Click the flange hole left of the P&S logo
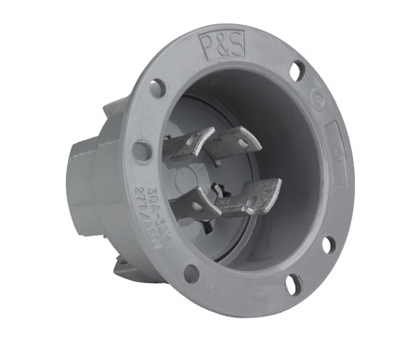[x=157, y=87]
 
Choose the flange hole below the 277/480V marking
[x=190, y=273]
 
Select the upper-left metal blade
[x=188, y=148]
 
